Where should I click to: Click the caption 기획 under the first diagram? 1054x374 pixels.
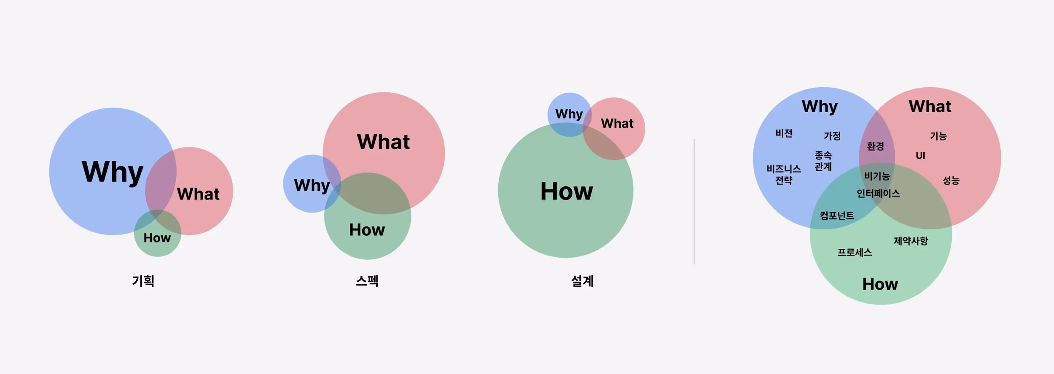pyautogui.click(x=143, y=281)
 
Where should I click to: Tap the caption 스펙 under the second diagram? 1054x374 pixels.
pyautogui.click(x=367, y=281)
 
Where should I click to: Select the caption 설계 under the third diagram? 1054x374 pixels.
pyautogui.click(x=583, y=281)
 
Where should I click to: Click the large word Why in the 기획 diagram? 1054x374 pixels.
pyautogui.click(x=113, y=172)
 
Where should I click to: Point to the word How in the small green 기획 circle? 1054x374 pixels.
pyautogui.click(x=157, y=238)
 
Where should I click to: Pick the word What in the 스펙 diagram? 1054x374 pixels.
pyautogui.click(x=383, y=142)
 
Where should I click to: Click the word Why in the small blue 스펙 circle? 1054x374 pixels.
pyautogui.click(x=312, y=186)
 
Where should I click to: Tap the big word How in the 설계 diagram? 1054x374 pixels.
pyautogui.click(x=567, y=191)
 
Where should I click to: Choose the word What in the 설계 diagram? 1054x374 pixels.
pyautogui.click(x=617, y=123)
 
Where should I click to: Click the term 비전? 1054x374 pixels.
pyautogui.click(x=784, y=133)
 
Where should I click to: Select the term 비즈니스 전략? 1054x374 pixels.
pyautogui.click(x=784, y=175)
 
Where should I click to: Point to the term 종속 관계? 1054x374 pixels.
pyautogui.click(x=823, y=161)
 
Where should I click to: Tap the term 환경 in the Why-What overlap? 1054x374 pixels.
pyautogui.click(x=875, y=146)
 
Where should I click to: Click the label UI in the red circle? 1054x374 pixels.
pyautogui.click(x=920, y=156)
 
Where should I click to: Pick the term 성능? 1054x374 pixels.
pyautogui.click(x=951, y=180)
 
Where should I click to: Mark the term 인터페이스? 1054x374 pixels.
pyautogui.click(x=878, y=194)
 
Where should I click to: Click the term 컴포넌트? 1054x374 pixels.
pyautogui.click(x=837, y=216)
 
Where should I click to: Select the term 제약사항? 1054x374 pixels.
pyautogui.click(x=911, y=241)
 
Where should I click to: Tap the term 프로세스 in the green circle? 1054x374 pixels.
pyautogui.click(x=855, y=252)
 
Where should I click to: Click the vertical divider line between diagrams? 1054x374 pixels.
pyautogui.click(x=694, y=202)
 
